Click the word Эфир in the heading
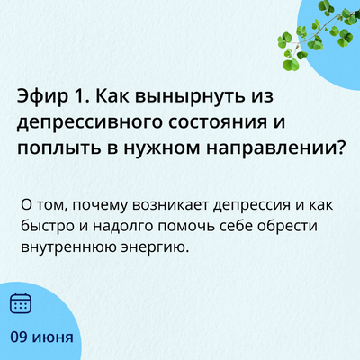43,97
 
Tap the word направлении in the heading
270,149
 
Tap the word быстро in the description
48,226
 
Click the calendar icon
21,303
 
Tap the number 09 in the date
19,337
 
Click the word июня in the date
53,338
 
